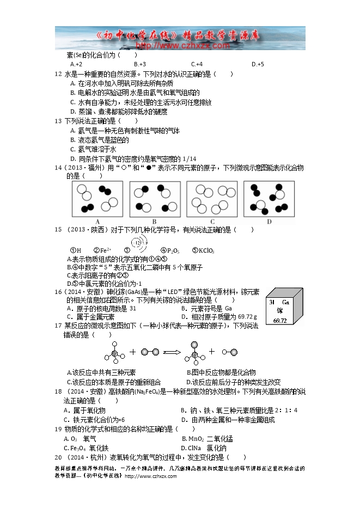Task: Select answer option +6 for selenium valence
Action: [258, 64]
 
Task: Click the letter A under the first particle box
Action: [97, 221]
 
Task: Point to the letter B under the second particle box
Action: [155, 221]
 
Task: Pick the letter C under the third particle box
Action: [212, 221]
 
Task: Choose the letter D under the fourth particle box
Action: [269, 221]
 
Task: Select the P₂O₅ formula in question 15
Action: [173, 251]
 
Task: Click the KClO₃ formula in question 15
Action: [206, 251]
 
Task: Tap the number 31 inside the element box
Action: [271, 301]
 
